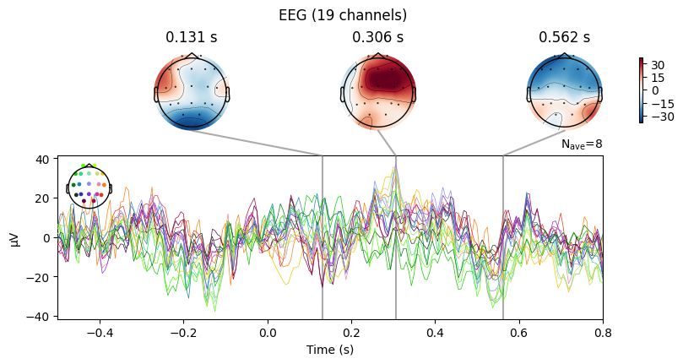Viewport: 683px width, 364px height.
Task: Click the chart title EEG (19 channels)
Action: (342, 14)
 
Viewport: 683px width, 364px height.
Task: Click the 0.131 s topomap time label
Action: (191, 37)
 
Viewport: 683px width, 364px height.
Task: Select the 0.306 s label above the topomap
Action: (377, 37)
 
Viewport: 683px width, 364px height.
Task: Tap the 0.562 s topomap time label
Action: (564, 37)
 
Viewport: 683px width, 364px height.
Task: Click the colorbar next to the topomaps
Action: (642, 90)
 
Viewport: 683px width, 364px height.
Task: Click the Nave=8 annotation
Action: (582, 145)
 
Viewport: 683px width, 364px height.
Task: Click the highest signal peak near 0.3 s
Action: (395, 167)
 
